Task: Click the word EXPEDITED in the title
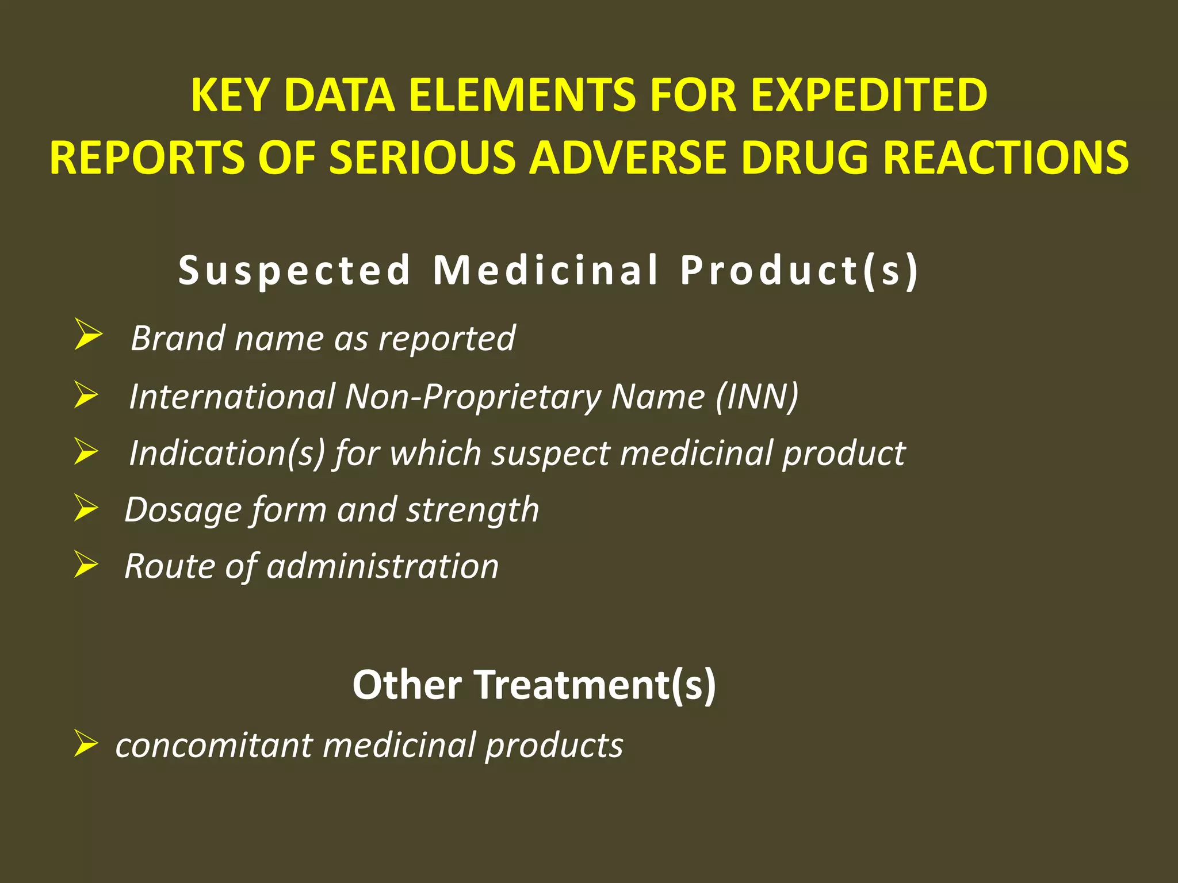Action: [869, 95]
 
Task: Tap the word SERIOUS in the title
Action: [422, 158]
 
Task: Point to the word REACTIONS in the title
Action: [1006, 158]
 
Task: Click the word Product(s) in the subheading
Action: [800, 270]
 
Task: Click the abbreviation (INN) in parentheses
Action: [758, 397]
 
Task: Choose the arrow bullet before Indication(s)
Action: [86, 451]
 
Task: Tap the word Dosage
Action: [182, 510]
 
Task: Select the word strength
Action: [473, 510]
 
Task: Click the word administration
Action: [383, 566]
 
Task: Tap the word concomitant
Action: [214, 746]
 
